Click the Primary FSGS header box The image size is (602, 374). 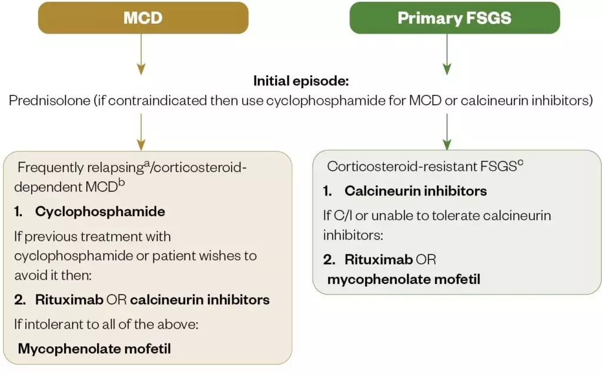[x=454, y=18]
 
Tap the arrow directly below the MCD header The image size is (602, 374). [x=140, y=54]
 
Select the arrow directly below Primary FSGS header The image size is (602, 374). [x=447, y=54]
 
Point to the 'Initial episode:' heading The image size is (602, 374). [x=300, y=81]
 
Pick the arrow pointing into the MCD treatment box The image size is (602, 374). [x=140, y=131]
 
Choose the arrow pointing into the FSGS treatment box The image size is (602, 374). [x=447, y=131]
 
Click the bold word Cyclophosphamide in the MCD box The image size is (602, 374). [x=101, y=212]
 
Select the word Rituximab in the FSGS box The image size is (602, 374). [x=379, y=259]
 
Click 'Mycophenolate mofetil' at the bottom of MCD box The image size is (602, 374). [x=94, y=348]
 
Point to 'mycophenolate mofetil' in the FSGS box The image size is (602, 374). [x=403, y=279]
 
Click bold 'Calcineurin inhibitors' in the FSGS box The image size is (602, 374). [x=416, y=191]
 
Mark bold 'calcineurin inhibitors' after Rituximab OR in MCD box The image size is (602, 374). [x=200, y=300]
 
